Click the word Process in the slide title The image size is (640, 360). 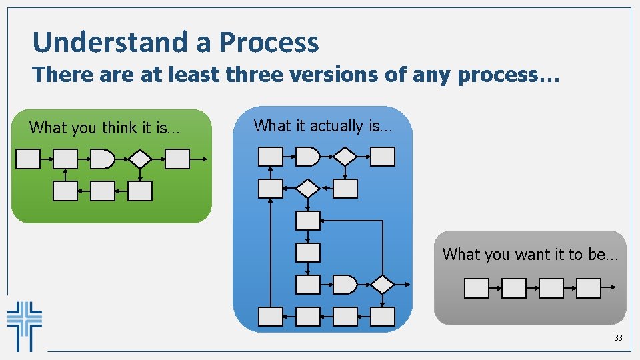click(x=269, y=43)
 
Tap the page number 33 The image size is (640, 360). click(x=618, y=338)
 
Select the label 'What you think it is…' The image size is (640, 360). click(x=104, y=127)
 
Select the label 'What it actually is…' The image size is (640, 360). click(x=323, y=125)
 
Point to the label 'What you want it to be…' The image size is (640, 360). click(x=530, y=254)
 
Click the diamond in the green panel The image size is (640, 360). click(x=140, y=159)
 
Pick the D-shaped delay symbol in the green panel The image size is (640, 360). click(x=102, y=159)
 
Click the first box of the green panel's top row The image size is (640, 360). click(x=28, y=159)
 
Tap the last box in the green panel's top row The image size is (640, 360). click(x=177, y=159)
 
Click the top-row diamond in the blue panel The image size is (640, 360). click(x=345, y=157)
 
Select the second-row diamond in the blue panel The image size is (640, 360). click(x=307, y=189)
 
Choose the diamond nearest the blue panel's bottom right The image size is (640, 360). click(x=382, y=285)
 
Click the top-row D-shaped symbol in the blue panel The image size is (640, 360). click(x=307, y=157)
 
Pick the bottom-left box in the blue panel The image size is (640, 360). click(x=270, y=317)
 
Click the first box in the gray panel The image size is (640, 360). click(x=476, y=288)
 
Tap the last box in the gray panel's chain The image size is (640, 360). click(x=588, y=288)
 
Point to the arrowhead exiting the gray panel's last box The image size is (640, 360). click(x=612, y=288)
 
